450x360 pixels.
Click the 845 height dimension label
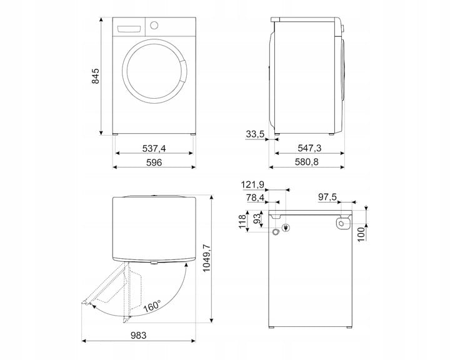coord(95,76)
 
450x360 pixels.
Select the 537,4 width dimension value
coord(154,148)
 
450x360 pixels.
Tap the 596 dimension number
coord(154,162)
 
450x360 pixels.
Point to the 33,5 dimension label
coord(255,134)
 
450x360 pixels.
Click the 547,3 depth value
coord(309,148)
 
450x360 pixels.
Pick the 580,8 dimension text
coord(307,162)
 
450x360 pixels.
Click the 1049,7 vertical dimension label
coord(207,257)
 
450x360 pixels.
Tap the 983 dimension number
coord(139,335)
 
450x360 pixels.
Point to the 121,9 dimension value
coord(252,184)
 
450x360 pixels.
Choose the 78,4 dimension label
coord(255,197)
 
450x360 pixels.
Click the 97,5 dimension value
coord(327,197)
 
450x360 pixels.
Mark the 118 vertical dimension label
coord(242,221)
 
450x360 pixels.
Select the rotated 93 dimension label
coord(257,219)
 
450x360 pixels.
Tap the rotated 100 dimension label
coord(361,234)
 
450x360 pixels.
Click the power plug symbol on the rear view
coord(286,228)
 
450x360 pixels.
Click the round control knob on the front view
coord(154,25)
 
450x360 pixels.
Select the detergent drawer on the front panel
coord(129,29)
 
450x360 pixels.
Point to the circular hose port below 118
coord(276,232)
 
